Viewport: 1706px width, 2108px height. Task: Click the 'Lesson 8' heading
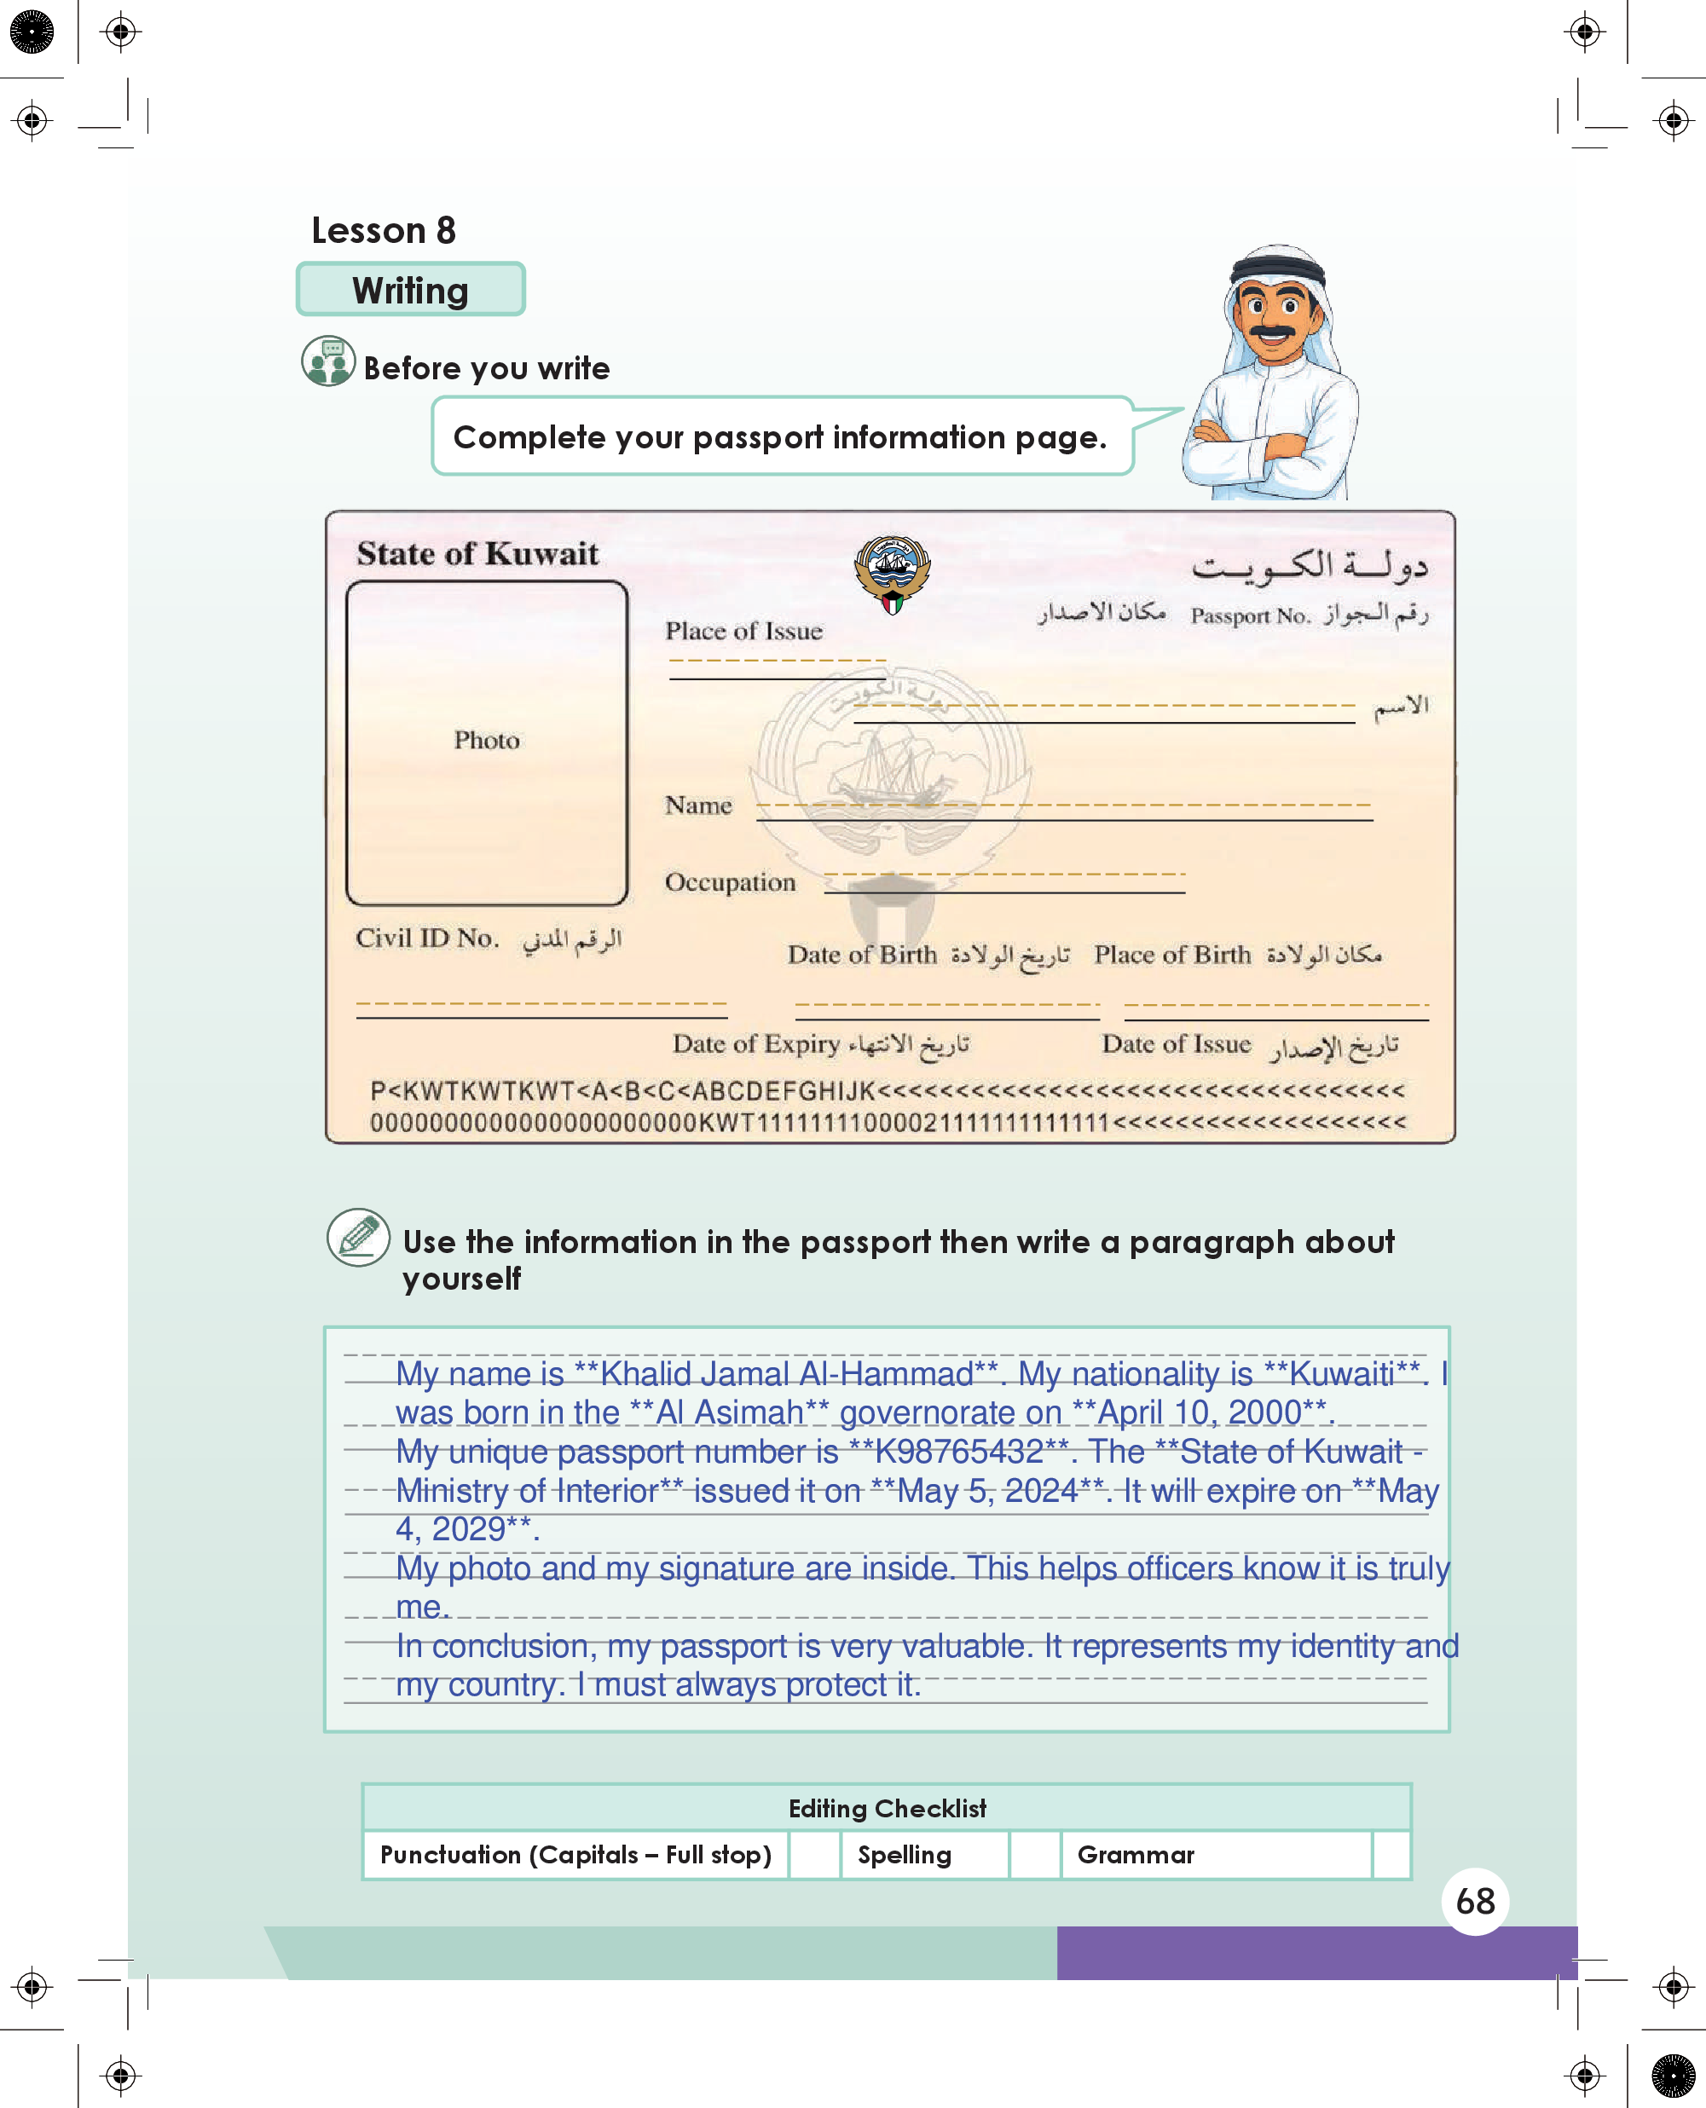tap(384, 230)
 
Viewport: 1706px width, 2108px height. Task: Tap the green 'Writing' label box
tap(410, 290)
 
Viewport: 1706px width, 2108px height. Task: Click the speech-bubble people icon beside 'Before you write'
tap(328, 361)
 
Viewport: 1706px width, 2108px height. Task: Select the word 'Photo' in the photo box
tap(487, 740)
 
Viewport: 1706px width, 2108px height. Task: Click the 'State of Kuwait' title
tap(477, 554)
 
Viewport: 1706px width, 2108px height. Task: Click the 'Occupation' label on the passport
tap(730, 882)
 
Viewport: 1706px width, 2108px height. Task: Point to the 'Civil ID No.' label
tap(427, 938)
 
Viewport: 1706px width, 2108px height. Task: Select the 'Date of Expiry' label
tap(755, 1043)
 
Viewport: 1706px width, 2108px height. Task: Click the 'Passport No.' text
tap(1250, 616)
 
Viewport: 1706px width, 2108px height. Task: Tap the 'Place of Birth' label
tap(1172, 954)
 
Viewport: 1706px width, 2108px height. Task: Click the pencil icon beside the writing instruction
tap(358, 1237)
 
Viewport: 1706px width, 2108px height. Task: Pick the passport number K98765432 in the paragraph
tap(958, 1451)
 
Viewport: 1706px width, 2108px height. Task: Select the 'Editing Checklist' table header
tap(887, 1809)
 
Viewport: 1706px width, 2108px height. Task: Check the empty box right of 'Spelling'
tap(1035, 1855)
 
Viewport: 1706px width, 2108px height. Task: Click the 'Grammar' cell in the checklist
tap(1136, 1855)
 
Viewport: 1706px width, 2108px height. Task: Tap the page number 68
tap(1475, 1901)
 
